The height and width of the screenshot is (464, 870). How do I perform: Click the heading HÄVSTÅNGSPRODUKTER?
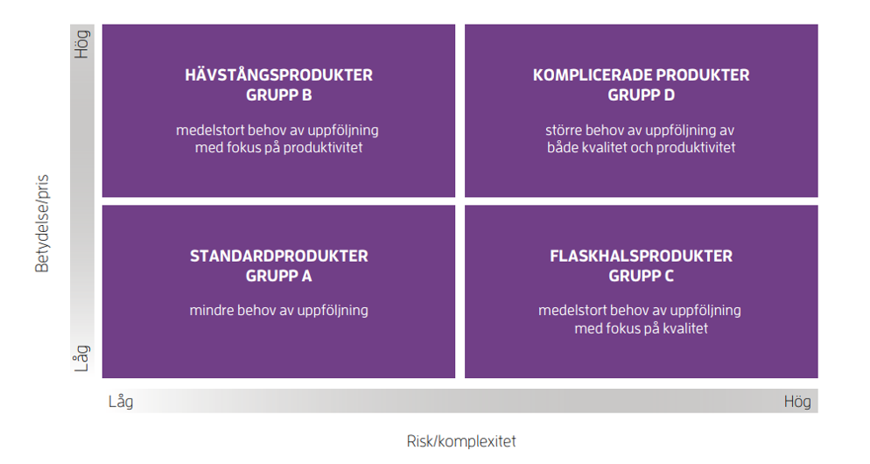[278, 74]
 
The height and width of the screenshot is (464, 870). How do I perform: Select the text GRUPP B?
[278, 95]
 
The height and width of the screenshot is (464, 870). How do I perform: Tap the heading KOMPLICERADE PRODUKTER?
[641, 75]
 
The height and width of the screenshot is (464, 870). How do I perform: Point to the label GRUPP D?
[641, 95]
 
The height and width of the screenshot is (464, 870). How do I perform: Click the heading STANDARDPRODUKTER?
[278, 256]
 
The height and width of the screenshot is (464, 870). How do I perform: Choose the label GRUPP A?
[278, 276]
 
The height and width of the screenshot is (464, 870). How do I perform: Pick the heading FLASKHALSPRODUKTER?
[641, 256]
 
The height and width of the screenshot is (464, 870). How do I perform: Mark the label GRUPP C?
[641, 276]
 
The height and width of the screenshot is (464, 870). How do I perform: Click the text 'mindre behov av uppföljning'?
[278, 310]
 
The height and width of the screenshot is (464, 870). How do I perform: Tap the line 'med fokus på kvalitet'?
[641, 328]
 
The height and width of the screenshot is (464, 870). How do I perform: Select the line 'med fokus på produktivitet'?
[278, 148]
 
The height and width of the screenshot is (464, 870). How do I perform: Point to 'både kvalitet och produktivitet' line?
[641, 148]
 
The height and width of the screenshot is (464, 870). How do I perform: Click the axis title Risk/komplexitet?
[461, 441]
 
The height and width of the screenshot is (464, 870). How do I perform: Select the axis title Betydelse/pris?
[42, 223]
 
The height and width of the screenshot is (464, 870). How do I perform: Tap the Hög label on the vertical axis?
[81, 45]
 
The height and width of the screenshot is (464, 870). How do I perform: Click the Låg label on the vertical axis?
[81, 358]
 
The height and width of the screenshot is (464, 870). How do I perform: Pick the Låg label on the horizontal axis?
[121, 401]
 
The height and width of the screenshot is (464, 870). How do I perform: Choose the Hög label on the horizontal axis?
[797, 401]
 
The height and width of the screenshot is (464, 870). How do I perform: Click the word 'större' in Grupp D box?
[563, 130]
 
